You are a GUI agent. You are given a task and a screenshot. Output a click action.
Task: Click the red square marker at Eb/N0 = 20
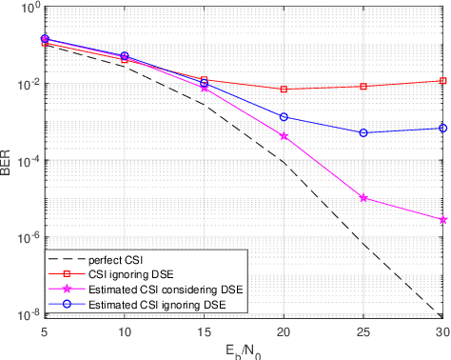[x=284, y=90]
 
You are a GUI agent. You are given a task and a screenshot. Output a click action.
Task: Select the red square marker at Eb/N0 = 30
[x=443, y=81]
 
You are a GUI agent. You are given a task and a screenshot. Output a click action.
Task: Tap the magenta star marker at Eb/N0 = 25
[x=364, y=198]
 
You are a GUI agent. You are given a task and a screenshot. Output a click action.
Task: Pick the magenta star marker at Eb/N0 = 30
[x=443, y=220]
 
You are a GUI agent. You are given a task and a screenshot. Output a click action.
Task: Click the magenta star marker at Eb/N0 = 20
[x=284, y=136]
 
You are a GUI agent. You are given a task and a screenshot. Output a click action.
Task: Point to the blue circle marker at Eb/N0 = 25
[x=364, y=132]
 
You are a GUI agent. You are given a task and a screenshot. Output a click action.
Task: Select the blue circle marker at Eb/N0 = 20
[x=284, y=117]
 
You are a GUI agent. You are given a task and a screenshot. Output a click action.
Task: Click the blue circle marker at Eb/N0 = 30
[x=443, y=128]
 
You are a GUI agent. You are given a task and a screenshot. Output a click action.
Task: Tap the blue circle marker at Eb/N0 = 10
[x=125, y=56]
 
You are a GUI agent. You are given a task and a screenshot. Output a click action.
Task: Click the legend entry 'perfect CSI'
[x=113, y=260]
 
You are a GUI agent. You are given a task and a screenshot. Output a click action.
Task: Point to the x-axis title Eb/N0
[x=245, y=350]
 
